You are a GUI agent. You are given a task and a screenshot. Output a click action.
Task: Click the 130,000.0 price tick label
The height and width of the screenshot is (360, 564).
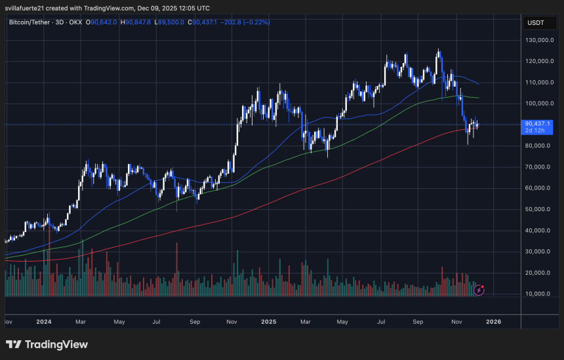click(540, 40)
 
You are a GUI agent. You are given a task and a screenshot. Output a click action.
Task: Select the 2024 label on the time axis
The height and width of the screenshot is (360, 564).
click(45, 322)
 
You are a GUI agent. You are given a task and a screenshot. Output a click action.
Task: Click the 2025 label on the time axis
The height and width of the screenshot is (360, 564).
click(268, 322)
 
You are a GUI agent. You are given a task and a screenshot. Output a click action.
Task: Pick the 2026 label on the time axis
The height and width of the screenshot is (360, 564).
click(493, 322)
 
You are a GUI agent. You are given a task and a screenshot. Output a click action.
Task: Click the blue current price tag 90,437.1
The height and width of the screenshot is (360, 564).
click(538, 123)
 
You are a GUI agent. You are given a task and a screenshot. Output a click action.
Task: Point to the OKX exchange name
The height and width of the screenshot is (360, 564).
click(77, 22)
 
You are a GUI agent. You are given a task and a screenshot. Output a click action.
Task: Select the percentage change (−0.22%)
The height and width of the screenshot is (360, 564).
click(255, 22)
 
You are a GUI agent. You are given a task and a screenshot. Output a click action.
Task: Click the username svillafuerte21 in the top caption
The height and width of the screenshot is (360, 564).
click(30, 8)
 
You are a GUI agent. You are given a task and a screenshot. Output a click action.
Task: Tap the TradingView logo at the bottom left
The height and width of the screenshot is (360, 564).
click(47, 344)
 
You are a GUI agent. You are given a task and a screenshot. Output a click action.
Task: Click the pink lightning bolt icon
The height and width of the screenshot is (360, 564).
click(479, 289)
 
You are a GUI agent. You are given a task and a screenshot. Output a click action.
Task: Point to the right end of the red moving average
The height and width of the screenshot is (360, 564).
click(479, 129)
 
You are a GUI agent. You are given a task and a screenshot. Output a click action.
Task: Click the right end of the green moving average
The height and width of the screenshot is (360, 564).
click(479, 98)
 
